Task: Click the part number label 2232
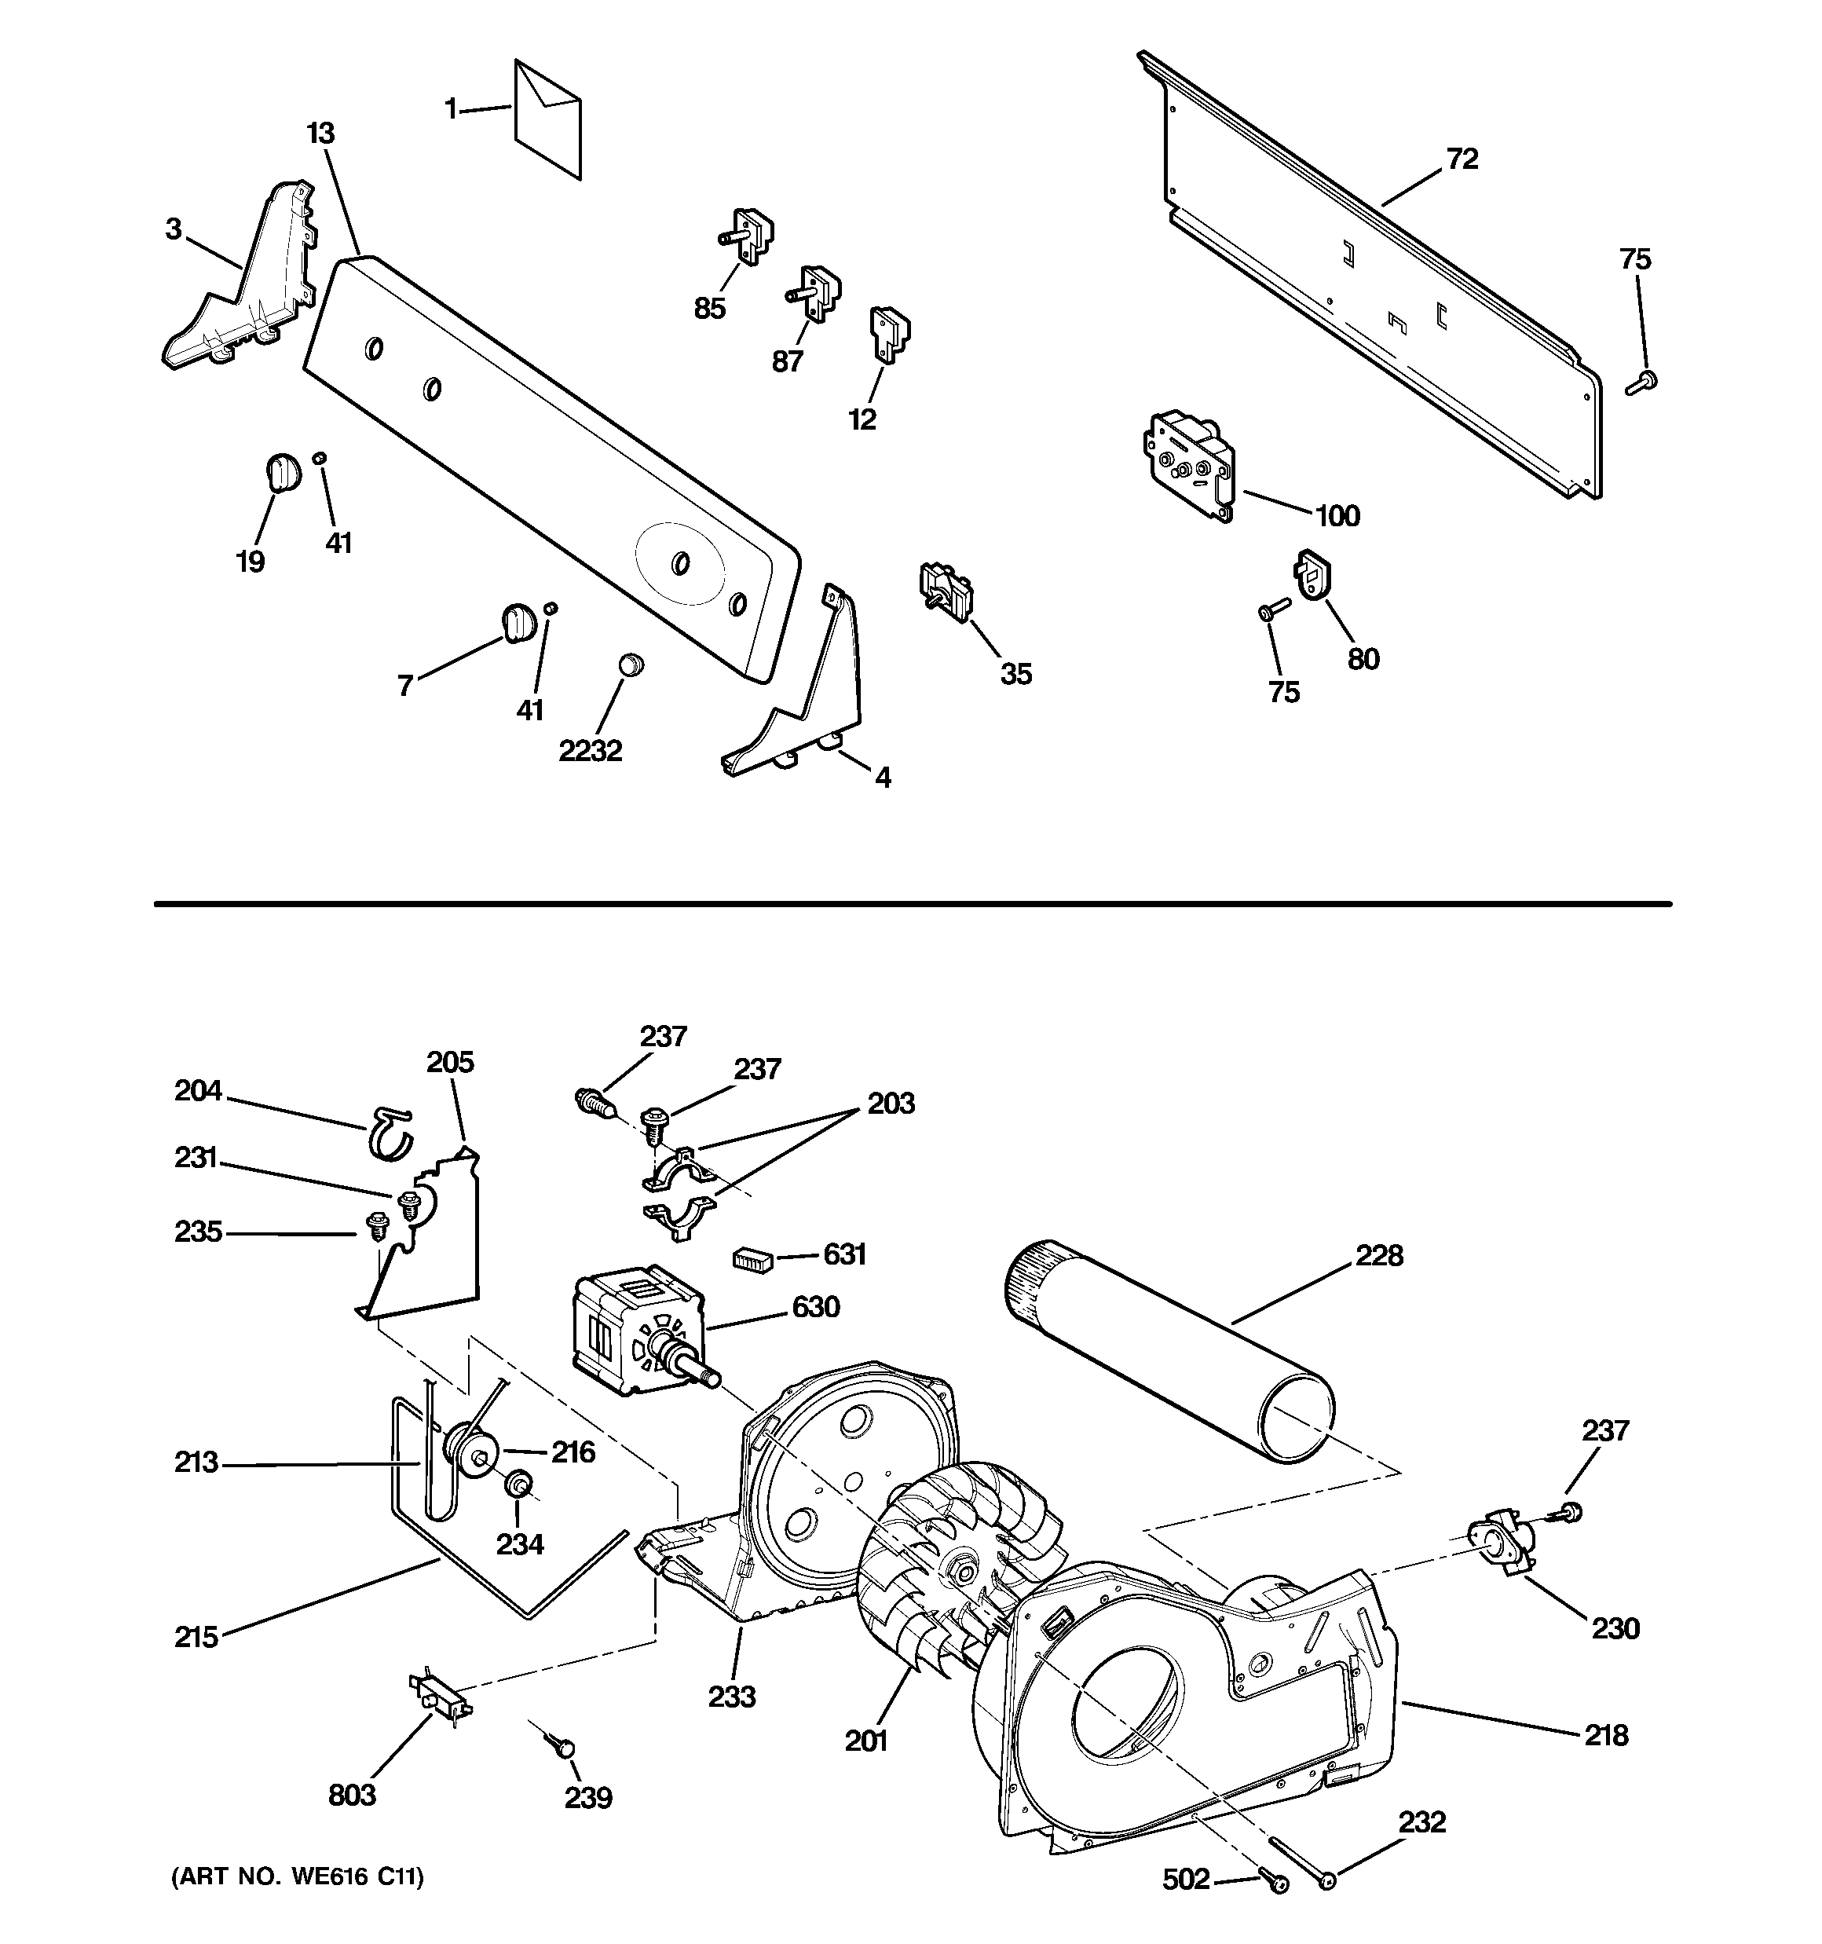(x=591, y=750)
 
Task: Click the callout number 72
(x=1462, y=159)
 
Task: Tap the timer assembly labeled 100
(x=1187, y=464)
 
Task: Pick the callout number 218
(x=1606, y=1735)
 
